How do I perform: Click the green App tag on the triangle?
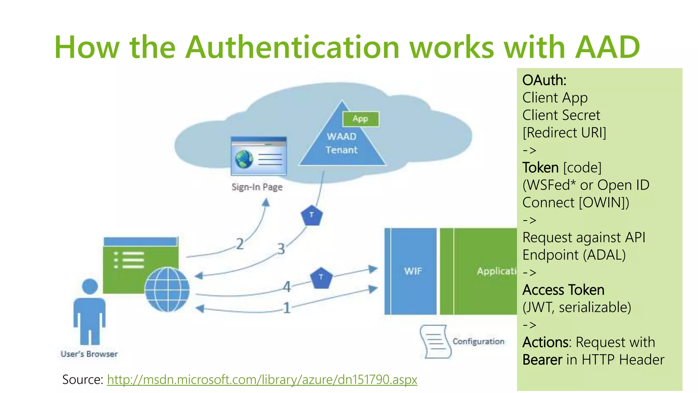coord(361,119)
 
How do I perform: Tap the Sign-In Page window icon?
coord(258,156)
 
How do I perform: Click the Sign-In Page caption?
coord(257,187)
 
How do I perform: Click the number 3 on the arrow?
coord(281,249)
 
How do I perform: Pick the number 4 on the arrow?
coord(287,287)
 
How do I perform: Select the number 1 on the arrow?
coord(287,308)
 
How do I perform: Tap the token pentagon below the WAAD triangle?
coord(312,216)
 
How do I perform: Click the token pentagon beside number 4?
coord(321,278)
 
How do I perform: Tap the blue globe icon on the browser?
coord(167,289)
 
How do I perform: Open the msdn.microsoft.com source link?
coord(262,379)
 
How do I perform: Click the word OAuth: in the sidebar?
coord(544,81)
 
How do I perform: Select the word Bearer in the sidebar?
coord(542,360)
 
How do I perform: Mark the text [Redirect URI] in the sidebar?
coord(564,133)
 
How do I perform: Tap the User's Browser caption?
coord(89,354)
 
